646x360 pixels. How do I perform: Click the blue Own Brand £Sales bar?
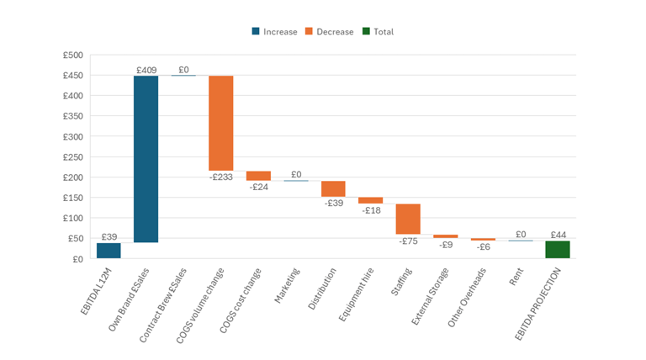coord(146,159)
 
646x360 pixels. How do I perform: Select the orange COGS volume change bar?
coord(220,123)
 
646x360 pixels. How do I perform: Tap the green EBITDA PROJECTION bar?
coord(557,249)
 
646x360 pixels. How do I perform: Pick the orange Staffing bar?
coord(408,219)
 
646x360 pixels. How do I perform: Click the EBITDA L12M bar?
coord(109,251)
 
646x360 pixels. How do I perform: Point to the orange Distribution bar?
coord(333,188)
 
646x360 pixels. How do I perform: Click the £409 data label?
coord(146,70)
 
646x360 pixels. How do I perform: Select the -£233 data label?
coord(220,177)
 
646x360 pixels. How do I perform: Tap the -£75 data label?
coord(408,241)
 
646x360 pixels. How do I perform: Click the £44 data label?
coord(557,235)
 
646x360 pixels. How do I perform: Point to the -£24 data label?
coord(258,187)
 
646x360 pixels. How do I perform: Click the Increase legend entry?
coord(274,32)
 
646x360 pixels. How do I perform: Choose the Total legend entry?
coord(378,32)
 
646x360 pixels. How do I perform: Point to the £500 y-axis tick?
coord(72,56)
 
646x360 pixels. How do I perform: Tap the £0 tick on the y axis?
coord(77,259)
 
